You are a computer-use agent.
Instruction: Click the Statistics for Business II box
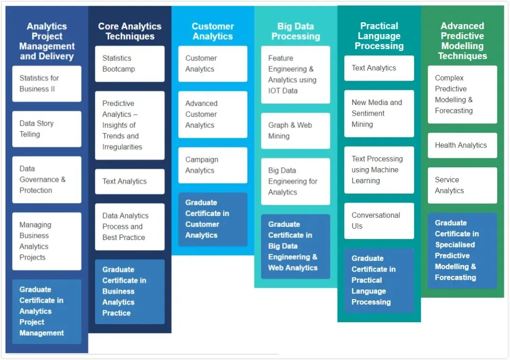click(46, 84)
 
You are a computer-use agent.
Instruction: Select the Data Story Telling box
click(46, 129)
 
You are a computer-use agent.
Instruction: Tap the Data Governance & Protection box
click(46, 180)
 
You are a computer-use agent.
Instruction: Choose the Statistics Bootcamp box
click(129, 64)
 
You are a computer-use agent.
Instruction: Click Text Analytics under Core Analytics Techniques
click(129, 181)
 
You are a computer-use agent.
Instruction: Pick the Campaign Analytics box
click(212, 165)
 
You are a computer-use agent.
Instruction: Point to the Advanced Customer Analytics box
click(212, 114)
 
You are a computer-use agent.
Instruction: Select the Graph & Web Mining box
click(295, 131)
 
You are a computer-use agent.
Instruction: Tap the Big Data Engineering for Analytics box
click(295, 181)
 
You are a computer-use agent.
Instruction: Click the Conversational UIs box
click(379, 221)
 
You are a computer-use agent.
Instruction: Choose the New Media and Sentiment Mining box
click(379, 113)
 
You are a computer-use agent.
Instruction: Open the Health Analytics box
click(462, 146)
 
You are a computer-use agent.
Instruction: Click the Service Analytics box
click(462, 185)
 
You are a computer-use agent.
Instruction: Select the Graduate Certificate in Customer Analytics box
click(212, 219)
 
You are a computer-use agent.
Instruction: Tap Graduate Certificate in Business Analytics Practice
click(129, 291)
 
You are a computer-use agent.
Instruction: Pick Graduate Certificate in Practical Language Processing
click(379, 280)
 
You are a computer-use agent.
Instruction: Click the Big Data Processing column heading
click(296, 31)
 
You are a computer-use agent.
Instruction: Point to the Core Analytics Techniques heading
click(129, 31)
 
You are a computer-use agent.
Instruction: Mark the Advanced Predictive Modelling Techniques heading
click(462, 41)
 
